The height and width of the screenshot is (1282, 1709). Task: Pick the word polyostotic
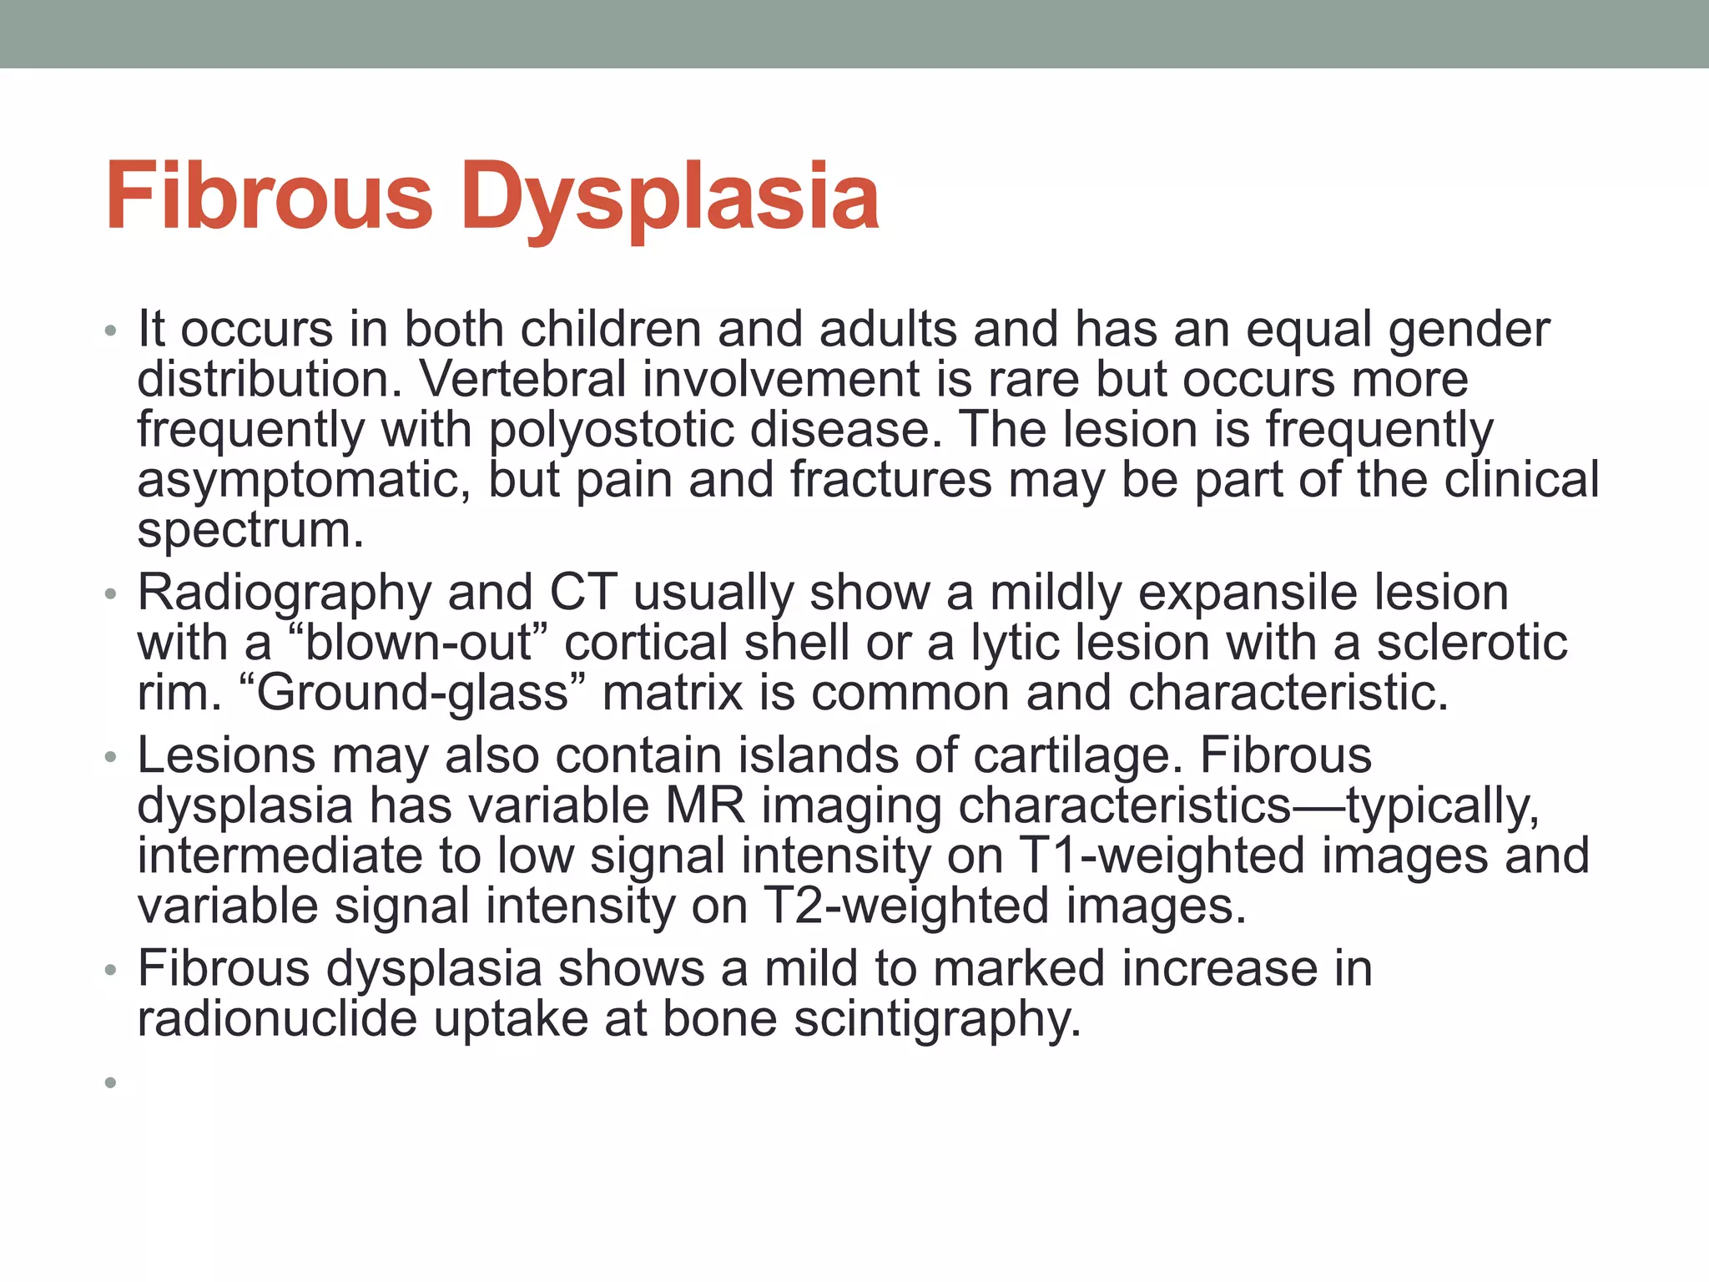612,431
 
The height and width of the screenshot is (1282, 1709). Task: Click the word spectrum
250,532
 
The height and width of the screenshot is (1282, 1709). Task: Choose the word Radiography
285,594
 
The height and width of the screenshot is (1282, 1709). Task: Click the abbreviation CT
583,593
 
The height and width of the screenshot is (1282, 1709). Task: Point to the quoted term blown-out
416,644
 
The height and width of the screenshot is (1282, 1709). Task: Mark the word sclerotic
1471,644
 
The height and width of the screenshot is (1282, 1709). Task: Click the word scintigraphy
936,1020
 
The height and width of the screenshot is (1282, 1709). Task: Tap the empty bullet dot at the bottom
110,1083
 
